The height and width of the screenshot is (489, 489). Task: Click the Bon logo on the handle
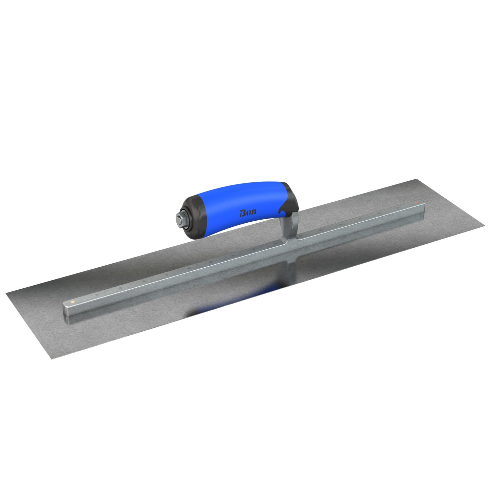tap(248, 213)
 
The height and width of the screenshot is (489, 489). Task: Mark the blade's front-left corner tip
tap(7, 293)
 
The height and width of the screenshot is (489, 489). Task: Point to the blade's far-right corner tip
tap(484, 227)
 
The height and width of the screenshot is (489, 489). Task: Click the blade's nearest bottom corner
tap(52, 359)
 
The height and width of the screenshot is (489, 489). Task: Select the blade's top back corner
tap(415, 179)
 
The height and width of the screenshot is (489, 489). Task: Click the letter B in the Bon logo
tap(243, 213)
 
